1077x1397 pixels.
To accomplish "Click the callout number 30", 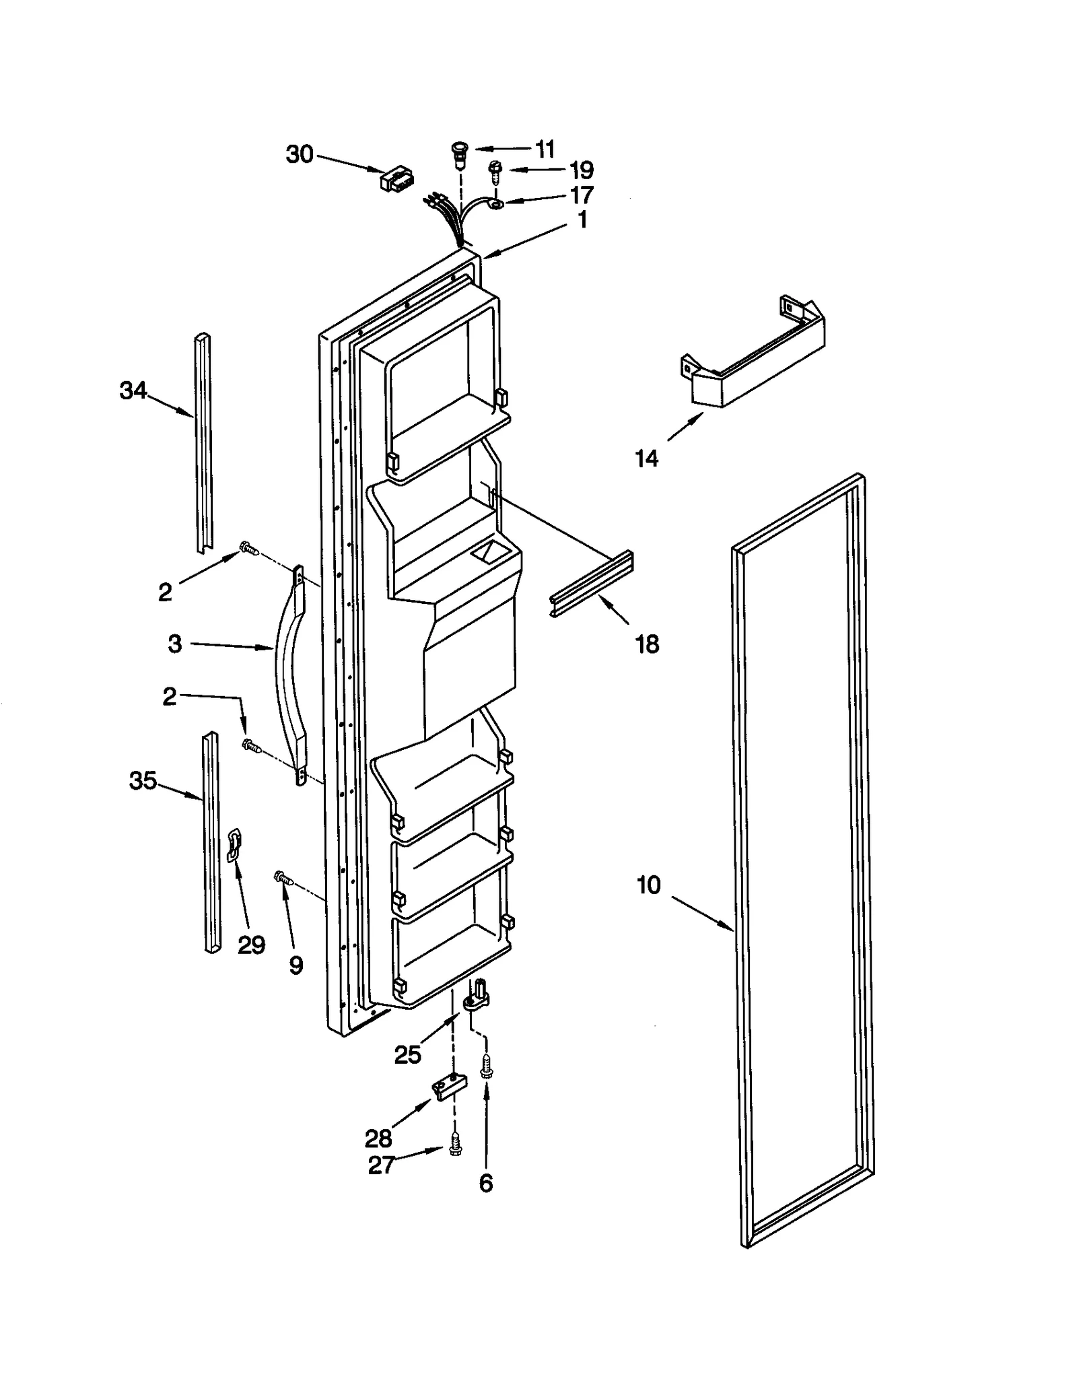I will click(300, 154).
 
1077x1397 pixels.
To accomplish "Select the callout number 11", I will click(545, 148).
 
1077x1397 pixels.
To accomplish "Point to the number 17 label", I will click(581, 195).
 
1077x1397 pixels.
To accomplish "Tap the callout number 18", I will click(647, 644).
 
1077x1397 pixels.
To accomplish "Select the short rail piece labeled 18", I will click(592, 584).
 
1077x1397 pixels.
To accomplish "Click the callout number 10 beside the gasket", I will click(648, 885).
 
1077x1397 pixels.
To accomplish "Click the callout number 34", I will click(133, 390).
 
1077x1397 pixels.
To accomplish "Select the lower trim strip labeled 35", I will click(211, 842).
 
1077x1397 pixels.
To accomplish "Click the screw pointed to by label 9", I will click(283, 877).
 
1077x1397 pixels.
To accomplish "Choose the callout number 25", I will click(407, 1054).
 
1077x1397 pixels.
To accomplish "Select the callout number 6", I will click(485, 1183).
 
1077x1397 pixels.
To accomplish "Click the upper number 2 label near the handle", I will click(165, 592).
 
